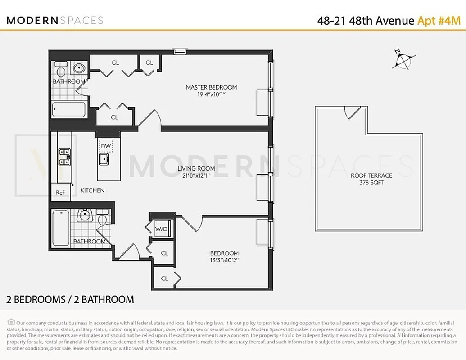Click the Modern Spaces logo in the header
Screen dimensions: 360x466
[x=55, y=20]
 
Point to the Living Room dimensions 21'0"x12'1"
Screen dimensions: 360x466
[x=196, y=176]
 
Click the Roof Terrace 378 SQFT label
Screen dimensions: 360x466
[x=371, y=179]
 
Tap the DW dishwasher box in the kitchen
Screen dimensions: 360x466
[x=106, y=146]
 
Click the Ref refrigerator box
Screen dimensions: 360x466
[x=60, y=192]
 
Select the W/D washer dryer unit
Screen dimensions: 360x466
[x=161, y=229]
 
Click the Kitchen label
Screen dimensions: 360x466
[x=92, y=190]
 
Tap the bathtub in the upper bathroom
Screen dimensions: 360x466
[x=69, y=109]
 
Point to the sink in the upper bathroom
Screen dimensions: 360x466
[x=79, y=69]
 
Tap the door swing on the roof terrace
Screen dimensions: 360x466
[x=351, y=112]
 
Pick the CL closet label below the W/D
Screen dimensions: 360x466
[x=164, y=253]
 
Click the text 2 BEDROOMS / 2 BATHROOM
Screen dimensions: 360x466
[x=70, y=299]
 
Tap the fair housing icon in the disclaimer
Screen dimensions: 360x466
[x=11, y=322]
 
